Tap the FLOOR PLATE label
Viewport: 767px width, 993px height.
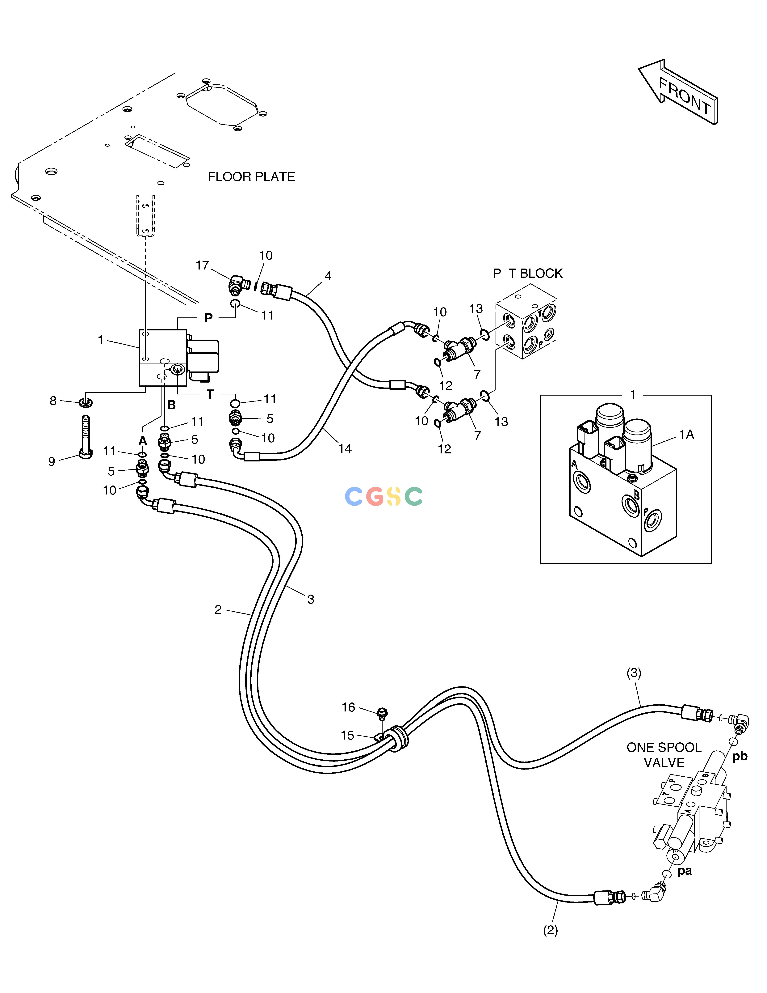[251, 177]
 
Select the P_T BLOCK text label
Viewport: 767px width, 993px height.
[528, 273]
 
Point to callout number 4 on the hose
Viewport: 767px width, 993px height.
[328, 276]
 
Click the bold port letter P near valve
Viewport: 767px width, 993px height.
[209, 318]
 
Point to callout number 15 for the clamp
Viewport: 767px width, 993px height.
[348, 735]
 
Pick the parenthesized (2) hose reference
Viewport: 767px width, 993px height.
[550, 931]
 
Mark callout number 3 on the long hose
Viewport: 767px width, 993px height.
[311, 599]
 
